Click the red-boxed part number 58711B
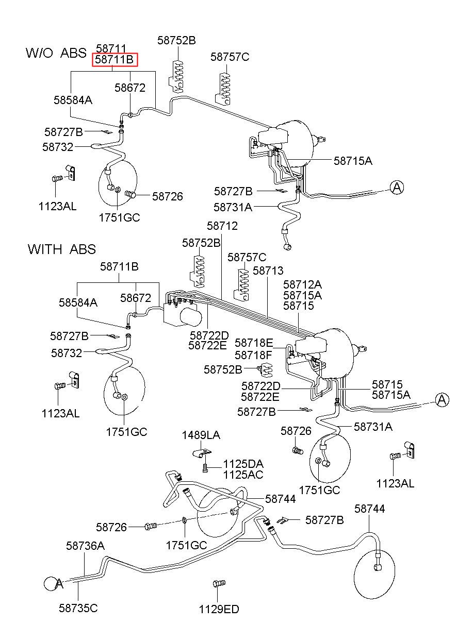115,60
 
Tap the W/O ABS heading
56,53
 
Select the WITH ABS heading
62,249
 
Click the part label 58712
222,226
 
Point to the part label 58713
268,271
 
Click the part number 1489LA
201,435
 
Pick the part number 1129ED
219,610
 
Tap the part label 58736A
85,546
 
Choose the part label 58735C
78,608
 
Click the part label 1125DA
243,464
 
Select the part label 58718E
254,343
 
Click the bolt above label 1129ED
219,583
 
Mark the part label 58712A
303,285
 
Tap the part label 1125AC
243,475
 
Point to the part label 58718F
253,355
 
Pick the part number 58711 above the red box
111,49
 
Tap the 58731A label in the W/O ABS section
233,207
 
